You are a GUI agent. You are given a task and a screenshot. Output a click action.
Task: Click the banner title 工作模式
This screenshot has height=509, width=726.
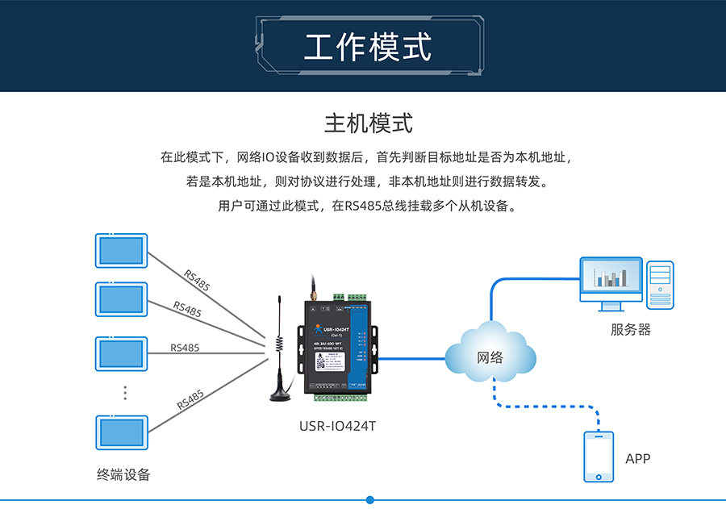(x=367, y=47)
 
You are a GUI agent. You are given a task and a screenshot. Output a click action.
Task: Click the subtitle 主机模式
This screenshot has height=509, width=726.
(x=368, y=123)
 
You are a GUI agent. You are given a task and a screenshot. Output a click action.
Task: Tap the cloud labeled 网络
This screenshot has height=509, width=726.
(x=490, y=356)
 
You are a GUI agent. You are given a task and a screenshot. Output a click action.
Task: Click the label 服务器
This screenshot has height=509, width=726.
(x=630, y=329)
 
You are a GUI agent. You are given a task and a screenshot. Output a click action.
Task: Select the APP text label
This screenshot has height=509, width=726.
(x=637, y=458)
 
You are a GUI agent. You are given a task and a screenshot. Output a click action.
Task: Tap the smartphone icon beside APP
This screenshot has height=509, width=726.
(x=599, y=457)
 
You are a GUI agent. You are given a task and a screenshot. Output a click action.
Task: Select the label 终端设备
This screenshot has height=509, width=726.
(x=123, y=474)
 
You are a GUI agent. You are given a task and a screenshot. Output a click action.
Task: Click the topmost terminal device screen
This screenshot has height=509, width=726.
(x=122, y=251)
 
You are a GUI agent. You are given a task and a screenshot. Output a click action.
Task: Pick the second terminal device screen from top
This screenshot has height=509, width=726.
(x=122, y=299)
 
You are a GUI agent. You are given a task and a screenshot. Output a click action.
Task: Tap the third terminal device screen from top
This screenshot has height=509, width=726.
(x=122, y=353)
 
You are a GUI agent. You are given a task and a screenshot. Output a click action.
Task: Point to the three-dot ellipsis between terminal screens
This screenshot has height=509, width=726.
(x=125, y=393)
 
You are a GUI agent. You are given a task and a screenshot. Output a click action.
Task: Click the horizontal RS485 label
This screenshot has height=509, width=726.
(x=185, y=348)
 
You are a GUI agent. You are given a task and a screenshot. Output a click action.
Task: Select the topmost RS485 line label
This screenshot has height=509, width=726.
(x=197, y=281)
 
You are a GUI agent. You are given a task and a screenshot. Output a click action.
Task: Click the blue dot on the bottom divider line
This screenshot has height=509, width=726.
(x=370, y=500)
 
